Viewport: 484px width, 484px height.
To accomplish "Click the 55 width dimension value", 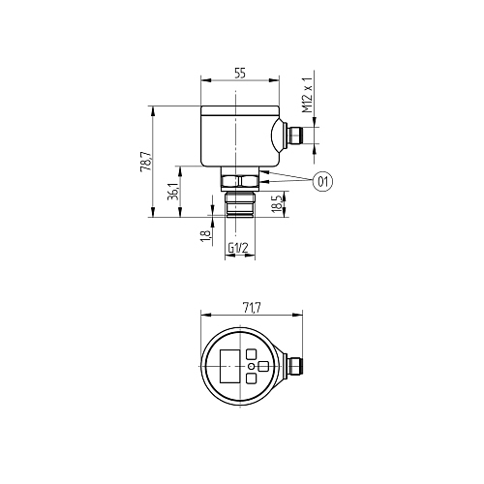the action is tap(240, 74).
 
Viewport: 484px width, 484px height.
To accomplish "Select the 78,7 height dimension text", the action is tap(145, 161).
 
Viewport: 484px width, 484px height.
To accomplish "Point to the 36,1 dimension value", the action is tap(173, 192).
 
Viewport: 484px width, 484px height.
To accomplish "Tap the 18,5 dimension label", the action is tap(277, 203).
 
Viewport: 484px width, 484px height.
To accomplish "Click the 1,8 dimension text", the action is tap(205, 236).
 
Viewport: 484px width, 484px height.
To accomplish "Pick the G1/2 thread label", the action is tap(238, 248).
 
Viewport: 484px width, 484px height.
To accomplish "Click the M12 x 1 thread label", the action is tap(308, 96).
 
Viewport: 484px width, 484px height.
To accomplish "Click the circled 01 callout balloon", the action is tap(323, 182).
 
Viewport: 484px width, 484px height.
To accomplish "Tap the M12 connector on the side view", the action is tap(294, 136).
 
